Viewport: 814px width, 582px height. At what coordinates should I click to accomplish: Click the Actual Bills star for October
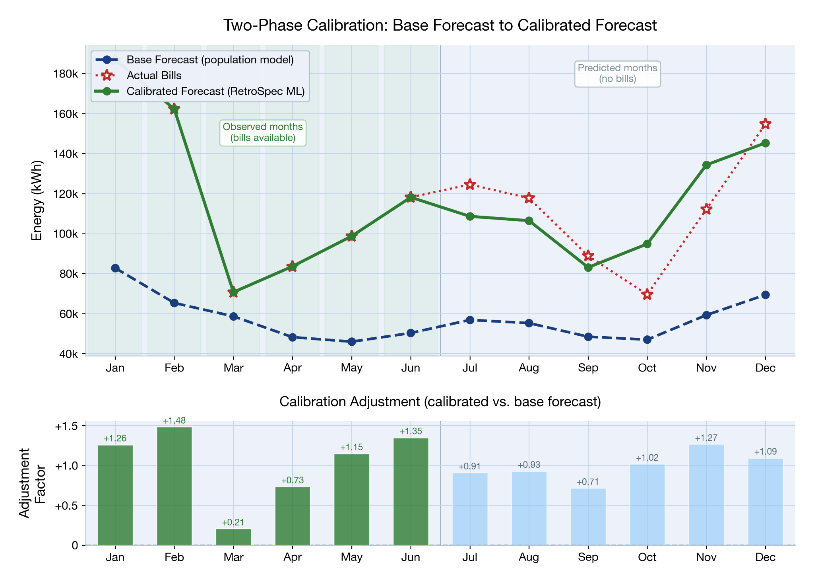click(647, 294)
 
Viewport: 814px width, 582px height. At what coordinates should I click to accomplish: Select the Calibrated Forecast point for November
click(706, 165)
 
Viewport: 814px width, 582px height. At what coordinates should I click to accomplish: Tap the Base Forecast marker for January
click(115, 268)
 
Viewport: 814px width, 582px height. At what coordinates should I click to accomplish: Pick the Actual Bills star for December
click(765, 124)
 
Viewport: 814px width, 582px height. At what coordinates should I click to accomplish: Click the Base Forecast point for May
click(352, 342)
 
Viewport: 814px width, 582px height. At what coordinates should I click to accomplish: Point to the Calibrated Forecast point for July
click(470, 216)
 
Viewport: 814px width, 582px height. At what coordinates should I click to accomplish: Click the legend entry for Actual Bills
click(154, 76)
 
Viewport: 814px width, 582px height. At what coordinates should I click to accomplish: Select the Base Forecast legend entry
click(209, 60)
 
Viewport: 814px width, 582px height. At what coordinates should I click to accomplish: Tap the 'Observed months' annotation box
click(263, 132)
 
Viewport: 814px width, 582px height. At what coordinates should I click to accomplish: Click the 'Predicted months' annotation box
click(617, 74)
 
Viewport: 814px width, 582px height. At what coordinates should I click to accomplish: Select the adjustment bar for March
click(233, 537)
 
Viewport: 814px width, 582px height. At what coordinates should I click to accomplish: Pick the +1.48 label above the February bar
click(174, 421)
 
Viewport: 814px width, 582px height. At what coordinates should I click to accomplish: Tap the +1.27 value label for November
click(706, 438)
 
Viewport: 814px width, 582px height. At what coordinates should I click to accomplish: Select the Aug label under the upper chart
click(529, 368)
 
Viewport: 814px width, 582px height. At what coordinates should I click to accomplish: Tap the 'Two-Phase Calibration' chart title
click(440, 25)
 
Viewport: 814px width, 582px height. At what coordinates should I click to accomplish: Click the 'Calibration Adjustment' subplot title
click(440, 402)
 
